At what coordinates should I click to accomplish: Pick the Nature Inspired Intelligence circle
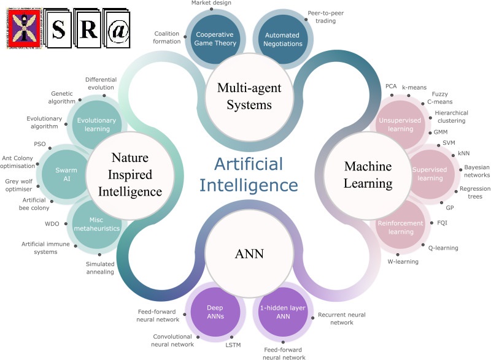[x=130, y=175]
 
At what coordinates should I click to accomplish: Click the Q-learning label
[x=443, y=248]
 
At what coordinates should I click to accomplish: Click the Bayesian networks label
[x=473, y=171]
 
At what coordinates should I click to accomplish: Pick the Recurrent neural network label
[x=341, y=318]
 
